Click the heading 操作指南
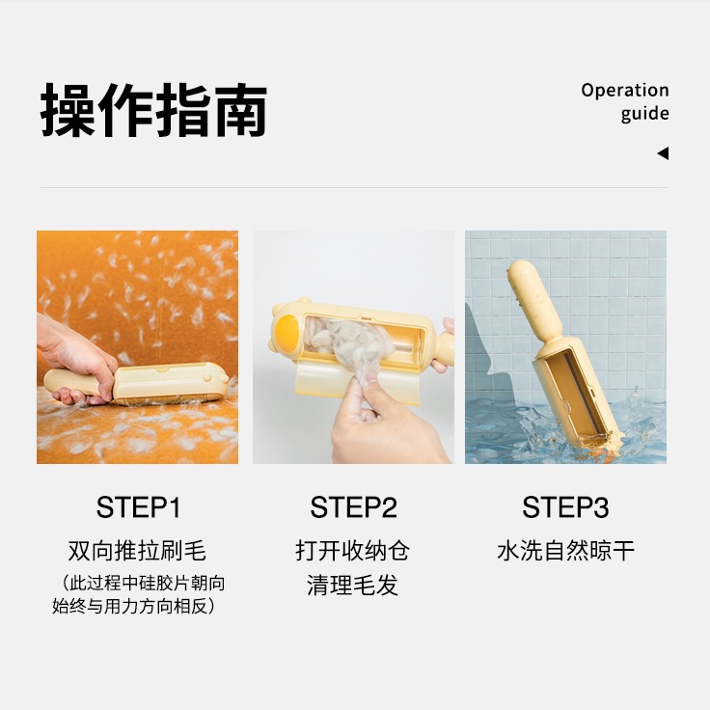tap(153, 111)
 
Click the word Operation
tap(624, 91)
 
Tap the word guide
tap(644, 114)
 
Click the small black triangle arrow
tap(663, 153)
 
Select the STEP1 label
tap(138, 507)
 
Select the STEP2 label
tap(353, 507)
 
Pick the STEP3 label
tap(565, 507)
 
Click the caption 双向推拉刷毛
tap(138, 552)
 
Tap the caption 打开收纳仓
tap(353, 552)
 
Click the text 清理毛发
tap(353, 586)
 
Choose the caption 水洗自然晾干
tap(565, 552)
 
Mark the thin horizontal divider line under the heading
tap(354, 187)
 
